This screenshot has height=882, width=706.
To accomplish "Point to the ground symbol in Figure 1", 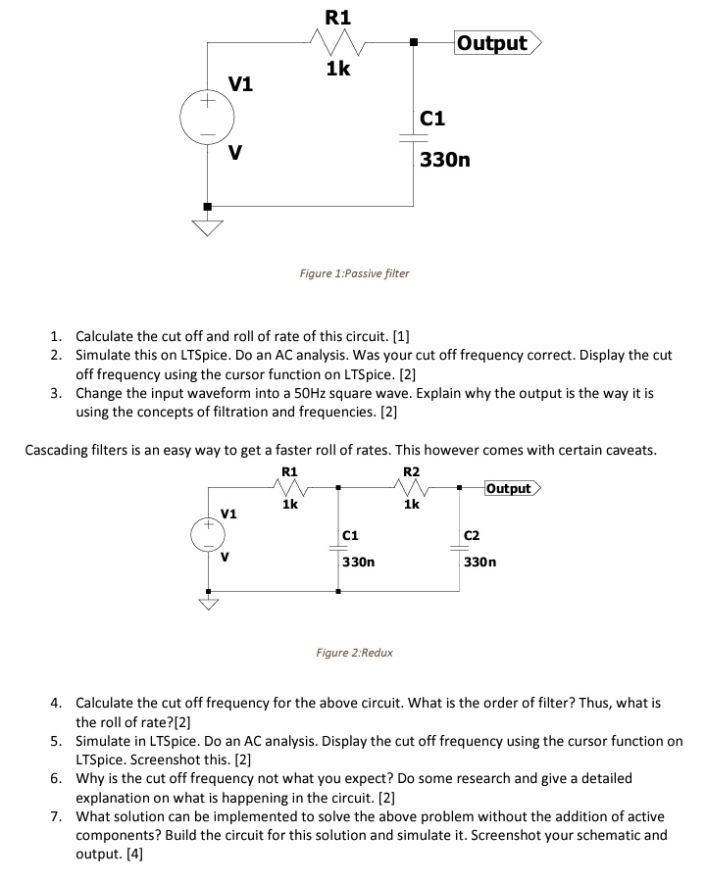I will point(206,228).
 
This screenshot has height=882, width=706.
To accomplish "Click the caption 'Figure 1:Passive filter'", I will point(354,273).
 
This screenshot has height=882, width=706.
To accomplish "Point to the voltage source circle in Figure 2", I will point(207,534).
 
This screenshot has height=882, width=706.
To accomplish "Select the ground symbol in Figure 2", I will point(207,602).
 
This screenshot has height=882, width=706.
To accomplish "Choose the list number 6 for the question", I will point(57,778).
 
